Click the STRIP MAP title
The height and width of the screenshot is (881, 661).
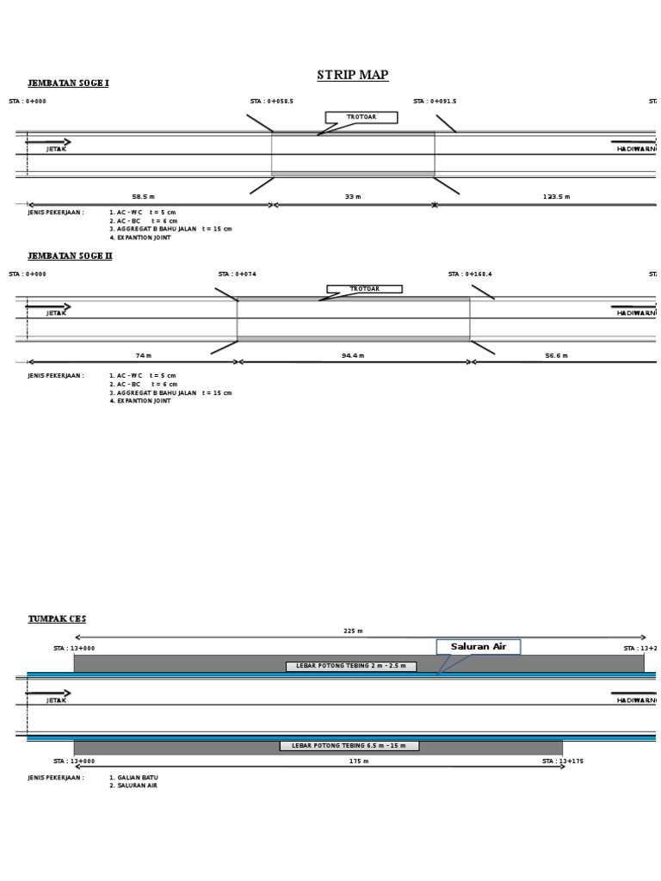pyautogui.click(x=353, y=76)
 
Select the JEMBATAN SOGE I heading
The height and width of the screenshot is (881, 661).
pyautogui.click(x=68, y=83)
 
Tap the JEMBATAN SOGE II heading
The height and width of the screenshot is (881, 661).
pyautogui.click(x=70, y=256)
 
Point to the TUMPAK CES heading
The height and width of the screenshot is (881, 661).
pyautogui.click(x=57, y=619)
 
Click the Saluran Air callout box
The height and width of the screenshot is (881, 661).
pyautogui.click(x=479, y=647)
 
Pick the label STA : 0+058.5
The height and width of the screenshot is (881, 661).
pyautogui.click(x=272, y=102)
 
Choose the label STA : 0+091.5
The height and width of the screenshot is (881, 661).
pyautogui.click(x=435, y=102)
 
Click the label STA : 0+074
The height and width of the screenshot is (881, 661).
pyautogui.click(x=238, y=274)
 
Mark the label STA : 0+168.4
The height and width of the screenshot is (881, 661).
pyautogui.click(x=470, y=274)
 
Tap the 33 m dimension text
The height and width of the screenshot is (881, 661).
pyautogui.click(x=352, y=197)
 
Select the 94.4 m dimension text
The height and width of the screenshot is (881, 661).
pyautogui.click(x=353, y=355)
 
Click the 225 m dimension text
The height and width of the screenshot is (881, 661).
pyautogui.click(x=353, y=631)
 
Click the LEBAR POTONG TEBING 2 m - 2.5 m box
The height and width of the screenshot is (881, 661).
pyautogui.click(x=351, y=667)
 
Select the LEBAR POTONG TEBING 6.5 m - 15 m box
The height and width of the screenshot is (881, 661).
pyautogui.click(x=349, y=746)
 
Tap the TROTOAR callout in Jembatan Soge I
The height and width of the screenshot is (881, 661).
pyautogui.click(x=361, y=117)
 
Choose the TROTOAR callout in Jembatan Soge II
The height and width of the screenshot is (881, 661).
pyautogui.click(x=364, y=289)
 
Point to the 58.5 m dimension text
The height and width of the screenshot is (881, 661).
pyautogui.click(x=143, y=197)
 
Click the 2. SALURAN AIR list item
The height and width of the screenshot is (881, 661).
pyautogui.click(x=133, y=786)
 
